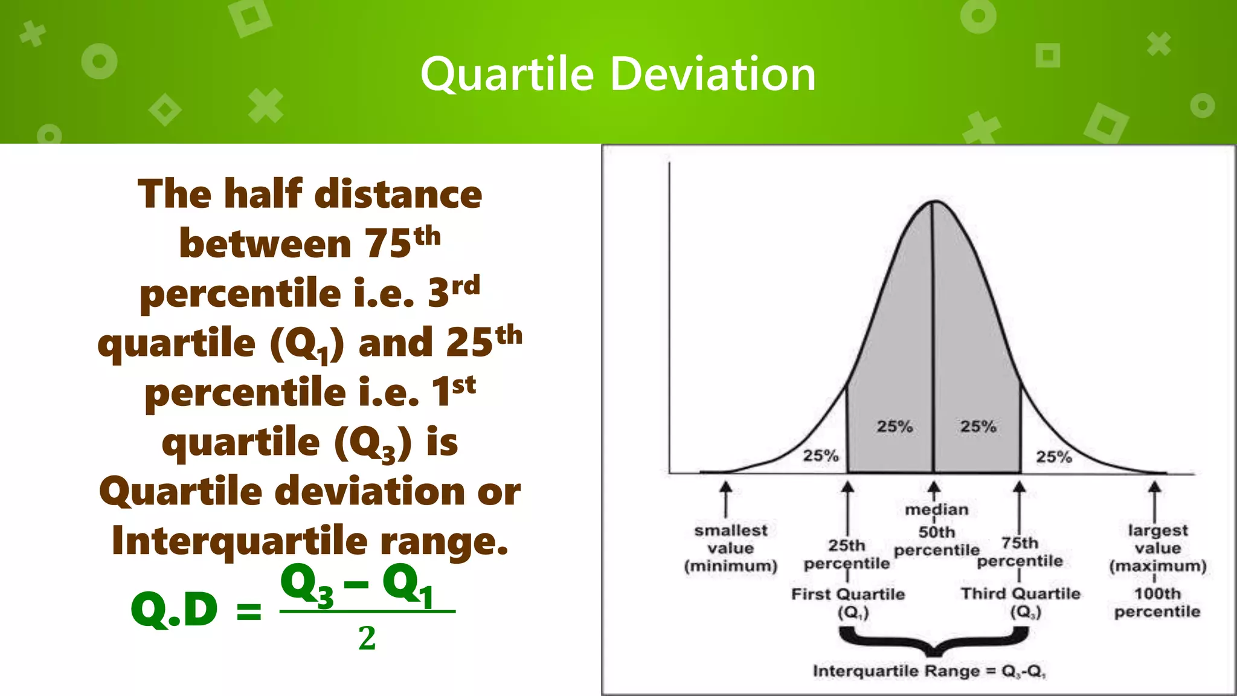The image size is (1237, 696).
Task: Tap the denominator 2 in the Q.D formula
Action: click(x=367, y=639)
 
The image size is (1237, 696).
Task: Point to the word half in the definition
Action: click(x=263, y=194)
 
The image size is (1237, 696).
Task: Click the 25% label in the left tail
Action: click(x=820, y=456)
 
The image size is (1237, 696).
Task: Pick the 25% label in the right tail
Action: click(x=1053, y=457)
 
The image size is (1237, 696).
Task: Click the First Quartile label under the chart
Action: click(x=848, y=594)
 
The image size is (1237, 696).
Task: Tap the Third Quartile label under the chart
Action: click(x=1020, y=594)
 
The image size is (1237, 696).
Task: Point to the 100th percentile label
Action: click(x=1157, y=602)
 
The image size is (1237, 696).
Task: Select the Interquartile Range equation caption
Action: click(x=928, y=671)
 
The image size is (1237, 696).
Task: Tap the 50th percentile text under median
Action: click(x=936, y=541)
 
